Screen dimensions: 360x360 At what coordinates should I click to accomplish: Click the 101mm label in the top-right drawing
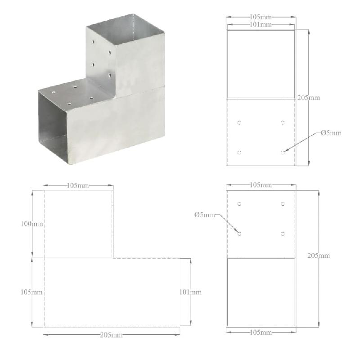(261, 25)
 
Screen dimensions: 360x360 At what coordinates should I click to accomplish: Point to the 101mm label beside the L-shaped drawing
(190, 292)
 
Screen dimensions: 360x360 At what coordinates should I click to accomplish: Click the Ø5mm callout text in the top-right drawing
(331, 133)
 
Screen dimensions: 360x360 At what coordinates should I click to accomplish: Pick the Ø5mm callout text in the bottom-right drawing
(205, 215)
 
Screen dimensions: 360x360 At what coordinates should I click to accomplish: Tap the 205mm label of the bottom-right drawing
(319, 256)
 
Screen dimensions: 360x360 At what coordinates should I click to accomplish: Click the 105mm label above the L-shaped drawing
(78, 185)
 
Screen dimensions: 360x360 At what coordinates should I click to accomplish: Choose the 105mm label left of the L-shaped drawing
(31, 292)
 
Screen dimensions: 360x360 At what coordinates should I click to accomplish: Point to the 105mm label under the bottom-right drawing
(261, 333)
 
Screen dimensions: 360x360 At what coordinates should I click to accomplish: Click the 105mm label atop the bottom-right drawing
(261, 185)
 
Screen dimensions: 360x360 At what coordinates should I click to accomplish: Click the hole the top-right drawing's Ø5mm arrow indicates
(283, 153)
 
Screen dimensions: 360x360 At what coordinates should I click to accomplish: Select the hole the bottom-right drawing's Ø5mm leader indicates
(239, 234)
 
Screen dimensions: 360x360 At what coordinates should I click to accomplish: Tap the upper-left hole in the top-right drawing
(239, 122)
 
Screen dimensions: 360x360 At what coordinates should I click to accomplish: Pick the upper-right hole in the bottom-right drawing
(283, 204)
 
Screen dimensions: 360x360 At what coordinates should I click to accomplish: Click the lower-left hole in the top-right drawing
(239, 153)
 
